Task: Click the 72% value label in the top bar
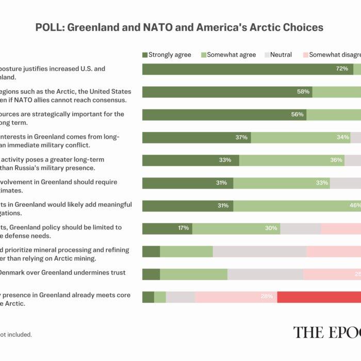[x=342, y=69]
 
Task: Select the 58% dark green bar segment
[x=227, y=92]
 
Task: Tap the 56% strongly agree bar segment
[x=224, y=114]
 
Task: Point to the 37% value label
[x=241, y=138]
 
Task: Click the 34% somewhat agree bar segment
[x=300, y=138]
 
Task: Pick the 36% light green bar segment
[x=291, y=160]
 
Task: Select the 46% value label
[x=355, y=206]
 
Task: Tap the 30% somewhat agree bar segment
[x=236, y=228]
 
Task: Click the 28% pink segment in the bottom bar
[x=236, y=297]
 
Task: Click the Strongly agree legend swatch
[x=145, y=55]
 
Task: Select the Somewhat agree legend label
[x=232, y=55]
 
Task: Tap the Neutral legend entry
[x=281, y=55]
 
